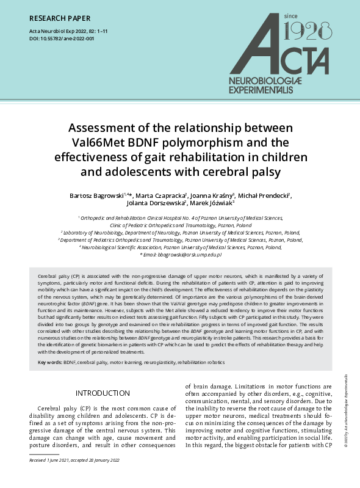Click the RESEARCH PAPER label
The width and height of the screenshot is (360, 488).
59,16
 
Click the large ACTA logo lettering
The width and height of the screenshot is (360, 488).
287,55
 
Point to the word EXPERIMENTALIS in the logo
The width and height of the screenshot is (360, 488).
269,90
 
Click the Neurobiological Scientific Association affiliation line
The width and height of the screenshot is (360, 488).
180,247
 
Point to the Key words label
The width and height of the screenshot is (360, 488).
50,362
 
